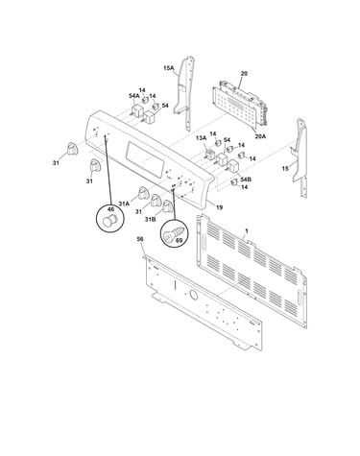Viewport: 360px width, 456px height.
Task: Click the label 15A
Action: [x=168, y=68]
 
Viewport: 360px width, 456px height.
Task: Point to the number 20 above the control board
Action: [x=244, y=73]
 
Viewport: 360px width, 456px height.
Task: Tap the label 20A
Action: [x=260, y=136]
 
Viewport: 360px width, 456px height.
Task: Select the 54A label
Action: [x=134, y=95]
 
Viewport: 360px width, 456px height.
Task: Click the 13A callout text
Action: [x=202, y=137]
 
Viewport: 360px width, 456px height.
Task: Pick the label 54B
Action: [x=246, y=180]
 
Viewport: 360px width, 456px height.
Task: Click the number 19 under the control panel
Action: [x=219, y=207]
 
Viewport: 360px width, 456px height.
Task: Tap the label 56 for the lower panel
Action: [x=140, y=239]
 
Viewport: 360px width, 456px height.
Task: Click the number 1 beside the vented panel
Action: [x=247, y=230]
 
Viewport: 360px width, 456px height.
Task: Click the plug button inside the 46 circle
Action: [x=110, y=221]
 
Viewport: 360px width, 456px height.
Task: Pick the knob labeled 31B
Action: [x=167, y=205]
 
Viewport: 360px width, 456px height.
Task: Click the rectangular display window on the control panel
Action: [x=145, y=157]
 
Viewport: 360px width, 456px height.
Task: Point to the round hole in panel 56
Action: [x=193, y=295]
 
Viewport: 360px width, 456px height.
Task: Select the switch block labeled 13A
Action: [x=209, y=154]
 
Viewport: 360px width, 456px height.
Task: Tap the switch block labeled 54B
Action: [x=233, y=167]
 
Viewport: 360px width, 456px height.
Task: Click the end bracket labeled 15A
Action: [x=184, y=93]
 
